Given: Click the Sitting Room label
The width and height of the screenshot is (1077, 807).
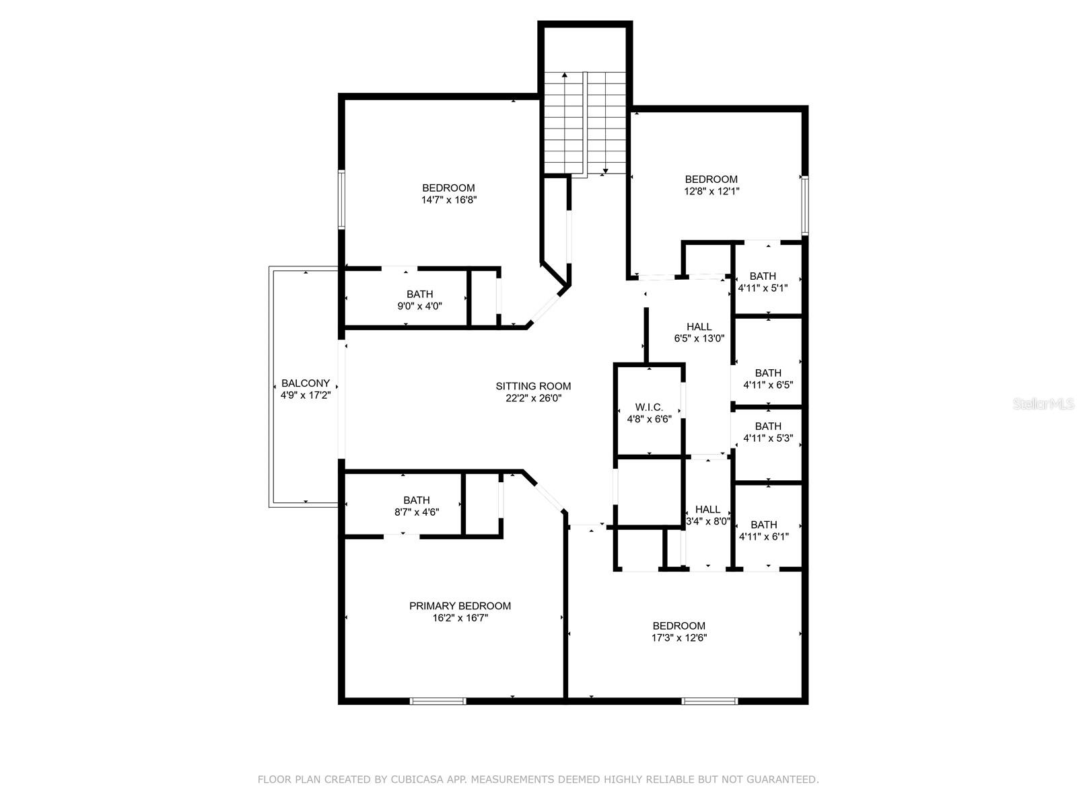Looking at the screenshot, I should click(x=533, y=386).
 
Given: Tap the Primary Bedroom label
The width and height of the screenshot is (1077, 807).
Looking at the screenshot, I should click(x=460, y=606).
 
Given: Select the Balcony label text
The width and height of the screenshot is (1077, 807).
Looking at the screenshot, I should click(x=306, y=383).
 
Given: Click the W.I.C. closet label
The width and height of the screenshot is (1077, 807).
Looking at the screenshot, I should click(x=649, y=408).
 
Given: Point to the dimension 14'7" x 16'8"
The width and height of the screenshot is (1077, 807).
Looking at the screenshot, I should click(x=449, y=200).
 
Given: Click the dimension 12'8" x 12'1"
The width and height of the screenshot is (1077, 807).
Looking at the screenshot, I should click(x=711, y=191).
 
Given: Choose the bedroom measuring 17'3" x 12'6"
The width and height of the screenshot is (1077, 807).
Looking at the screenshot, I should click(x=679, y=631).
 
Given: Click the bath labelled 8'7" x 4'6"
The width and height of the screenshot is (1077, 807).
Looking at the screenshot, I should click(x=416, y=506).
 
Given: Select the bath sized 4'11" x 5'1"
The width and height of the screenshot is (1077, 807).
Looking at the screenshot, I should click(x=763, y=281).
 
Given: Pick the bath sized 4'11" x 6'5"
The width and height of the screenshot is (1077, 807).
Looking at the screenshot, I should click(x=768, y=379).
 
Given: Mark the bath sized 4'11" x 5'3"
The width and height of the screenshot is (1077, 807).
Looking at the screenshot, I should click(x=768, y=432).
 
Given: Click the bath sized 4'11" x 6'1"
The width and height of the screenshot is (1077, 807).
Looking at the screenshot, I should click(x=763, y=531).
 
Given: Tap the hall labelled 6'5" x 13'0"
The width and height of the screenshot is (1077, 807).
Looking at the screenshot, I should click(x=699, y=332).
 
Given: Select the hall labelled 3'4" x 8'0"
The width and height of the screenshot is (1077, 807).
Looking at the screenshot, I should click(x=707, y=515).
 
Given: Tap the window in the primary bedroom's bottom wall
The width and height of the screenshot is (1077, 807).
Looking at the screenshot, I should click(x=438, y=701).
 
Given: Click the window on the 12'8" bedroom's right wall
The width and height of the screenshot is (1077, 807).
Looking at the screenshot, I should click(x=804, y=205).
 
